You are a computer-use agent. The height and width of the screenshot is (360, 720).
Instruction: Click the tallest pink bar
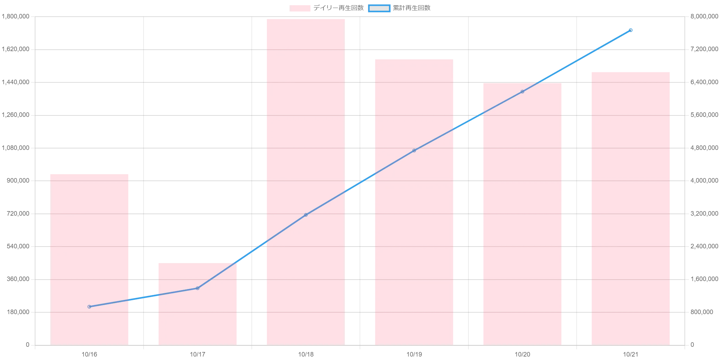[x=305, y=181]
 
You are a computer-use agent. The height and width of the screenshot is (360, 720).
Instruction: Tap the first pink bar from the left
[x=90, y=259]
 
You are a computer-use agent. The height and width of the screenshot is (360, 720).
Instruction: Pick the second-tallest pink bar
[x=413, y=202]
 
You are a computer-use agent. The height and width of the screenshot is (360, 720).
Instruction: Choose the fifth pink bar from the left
[x=522, y=214]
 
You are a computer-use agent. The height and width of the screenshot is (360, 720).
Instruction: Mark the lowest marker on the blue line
[x=89, y=306]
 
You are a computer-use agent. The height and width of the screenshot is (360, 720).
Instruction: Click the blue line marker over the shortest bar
[x=198, y=288]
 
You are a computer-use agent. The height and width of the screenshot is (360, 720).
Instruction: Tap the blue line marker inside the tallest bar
[x=306, y=215]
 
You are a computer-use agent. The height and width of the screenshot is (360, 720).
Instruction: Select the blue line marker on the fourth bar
[x=414, y=151]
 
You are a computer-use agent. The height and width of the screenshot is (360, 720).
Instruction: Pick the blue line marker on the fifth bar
[x=522, y=91]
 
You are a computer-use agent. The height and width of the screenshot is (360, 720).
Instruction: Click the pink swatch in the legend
[x=300, y=8]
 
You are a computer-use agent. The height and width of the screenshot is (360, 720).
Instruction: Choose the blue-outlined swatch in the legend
[x=379, y=8]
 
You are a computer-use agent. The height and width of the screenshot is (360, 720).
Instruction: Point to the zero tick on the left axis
[x=28, y=345]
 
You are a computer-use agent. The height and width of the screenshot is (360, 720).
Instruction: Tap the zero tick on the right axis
[x=693, y=345]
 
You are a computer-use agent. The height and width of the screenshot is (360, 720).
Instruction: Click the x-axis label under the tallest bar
[x=306, y=355]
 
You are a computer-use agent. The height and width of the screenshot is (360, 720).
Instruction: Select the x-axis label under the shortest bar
[x=198, y=355]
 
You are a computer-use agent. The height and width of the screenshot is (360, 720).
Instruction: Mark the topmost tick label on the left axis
[x=16, y=17]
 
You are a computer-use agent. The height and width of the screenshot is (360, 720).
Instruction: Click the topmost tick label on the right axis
[x=704, y=17]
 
